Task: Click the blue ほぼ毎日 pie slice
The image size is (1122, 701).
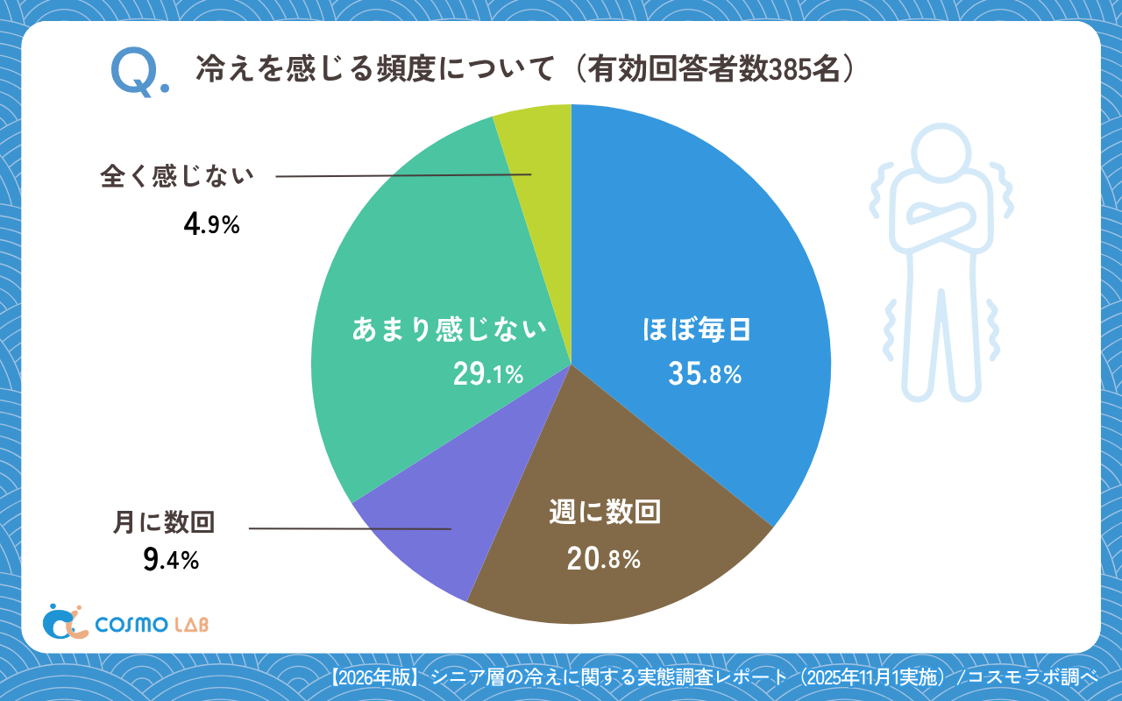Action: pyautogui.click(x=701, y=263)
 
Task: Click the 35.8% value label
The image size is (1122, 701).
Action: pyautogui.click(x=705, y=375)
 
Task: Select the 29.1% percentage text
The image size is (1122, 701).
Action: pyautogui.click(x=487, y=375)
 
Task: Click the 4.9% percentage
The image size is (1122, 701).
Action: pyautogui.click(x=211, y=225)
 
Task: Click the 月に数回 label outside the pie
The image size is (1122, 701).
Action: pyautogui.click(x=164, y=523)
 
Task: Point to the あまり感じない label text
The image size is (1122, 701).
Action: pyautogui.click(x=449, y=330)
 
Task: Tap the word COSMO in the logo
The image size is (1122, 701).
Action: pyautogui.click(x=131, y=624)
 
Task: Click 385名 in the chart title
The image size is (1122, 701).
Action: pyautogui.click(x=802, y=69)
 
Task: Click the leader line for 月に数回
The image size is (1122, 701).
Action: pyautogui.click(x=351, y=528)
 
